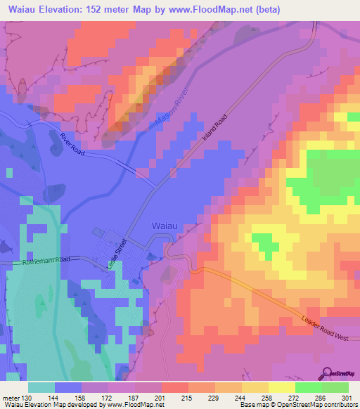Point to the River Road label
(x=72, y=144)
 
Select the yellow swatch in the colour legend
(x=281, y=387)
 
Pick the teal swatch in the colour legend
(x=41, y=387)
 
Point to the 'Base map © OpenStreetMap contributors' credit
(x=297, y=404)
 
